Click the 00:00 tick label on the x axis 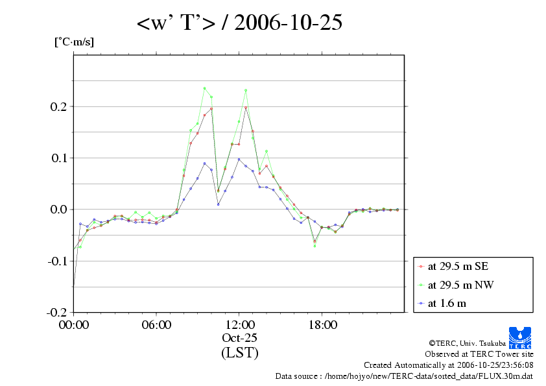tap(74, 324)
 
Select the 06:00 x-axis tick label tap(156, 324)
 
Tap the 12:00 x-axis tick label tap(239, 324)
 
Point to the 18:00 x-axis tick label tap(322, 324)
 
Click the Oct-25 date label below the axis tap(239, 338)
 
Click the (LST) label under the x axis tap(239, 353)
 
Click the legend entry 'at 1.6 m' tap(447, 302)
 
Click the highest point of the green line tap(204, 88)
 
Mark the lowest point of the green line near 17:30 tap(315, 246)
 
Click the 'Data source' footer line tap(405, 376)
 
